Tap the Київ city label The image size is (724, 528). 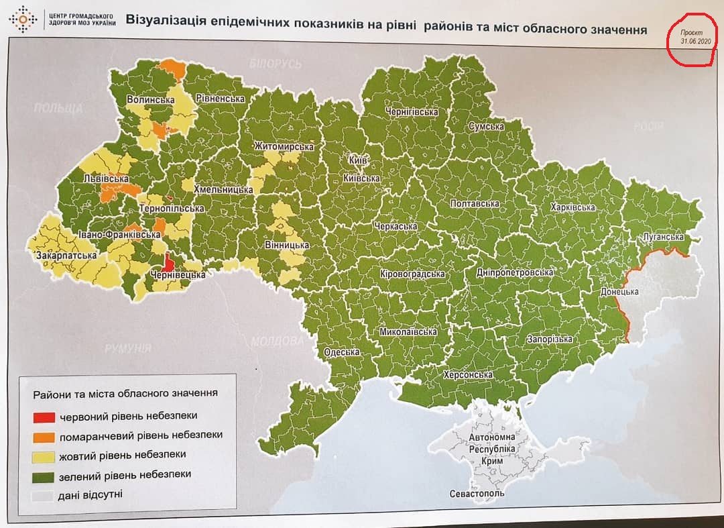point(357,162)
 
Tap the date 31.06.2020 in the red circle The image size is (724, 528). point(695,41)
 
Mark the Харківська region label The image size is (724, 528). point(572,207)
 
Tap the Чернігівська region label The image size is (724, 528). point(412,112)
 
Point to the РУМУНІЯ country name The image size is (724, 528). point(127,348)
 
